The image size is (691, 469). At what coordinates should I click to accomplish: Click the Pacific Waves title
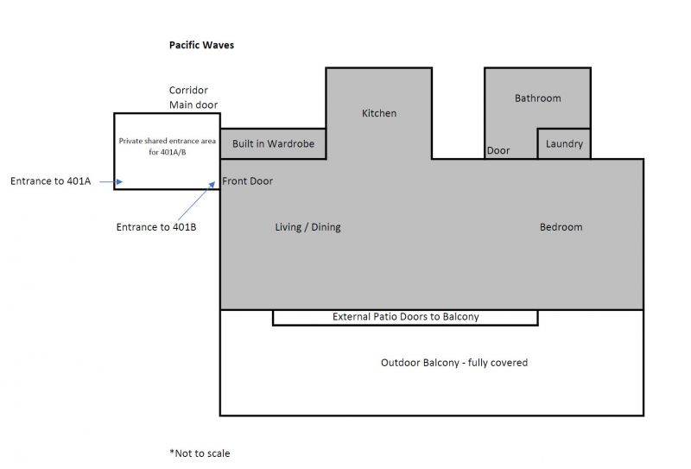tap(201, 45)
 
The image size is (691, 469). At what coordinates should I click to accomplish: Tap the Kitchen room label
tap(379, 113)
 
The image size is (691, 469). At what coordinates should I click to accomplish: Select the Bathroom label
tap(537, 98)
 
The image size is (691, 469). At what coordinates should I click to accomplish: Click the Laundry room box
tap(564, 144)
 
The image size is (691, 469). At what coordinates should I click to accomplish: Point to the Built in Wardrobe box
tap(273, 144)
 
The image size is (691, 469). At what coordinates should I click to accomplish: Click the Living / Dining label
tap(307, 227)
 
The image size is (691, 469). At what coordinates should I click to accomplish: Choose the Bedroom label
tap(561, 227)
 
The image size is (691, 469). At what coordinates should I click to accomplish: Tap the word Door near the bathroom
tap(498, 150)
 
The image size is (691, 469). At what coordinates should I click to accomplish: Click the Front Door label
tap(248, 181)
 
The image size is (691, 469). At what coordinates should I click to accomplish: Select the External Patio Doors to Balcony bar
tap(405, 317)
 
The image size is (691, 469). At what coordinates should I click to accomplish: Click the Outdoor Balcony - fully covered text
tap(453, 363)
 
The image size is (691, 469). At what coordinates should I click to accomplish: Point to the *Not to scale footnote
tap(200, 453)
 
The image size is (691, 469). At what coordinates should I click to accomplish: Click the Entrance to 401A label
tap(50, 181)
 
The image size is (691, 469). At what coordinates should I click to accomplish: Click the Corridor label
tap(188, 90)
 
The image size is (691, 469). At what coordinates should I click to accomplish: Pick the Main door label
tap(193, 105)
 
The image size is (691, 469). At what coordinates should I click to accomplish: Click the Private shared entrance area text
tap(167, 144)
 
